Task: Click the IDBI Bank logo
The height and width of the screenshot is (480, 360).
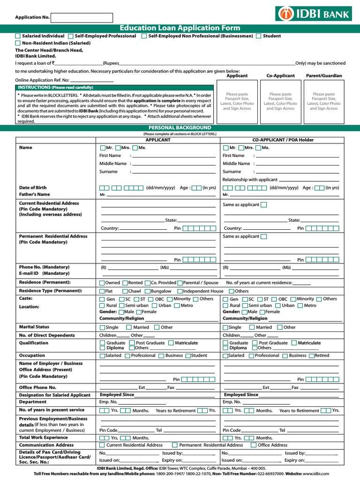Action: (x=318, y=14)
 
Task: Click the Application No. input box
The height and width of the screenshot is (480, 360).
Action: (x=82, y=18)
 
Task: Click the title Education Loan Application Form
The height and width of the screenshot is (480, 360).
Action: (x=180, y=28)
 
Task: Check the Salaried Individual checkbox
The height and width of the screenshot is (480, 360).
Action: (x=18, y=36)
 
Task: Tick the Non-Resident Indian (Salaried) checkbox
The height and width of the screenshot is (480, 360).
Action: (x=18, y=43)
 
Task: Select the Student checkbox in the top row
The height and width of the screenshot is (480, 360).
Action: (x=259, y=36)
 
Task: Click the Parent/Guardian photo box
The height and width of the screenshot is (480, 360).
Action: (x=324, y=101)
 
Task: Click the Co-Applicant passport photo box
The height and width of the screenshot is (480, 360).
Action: (x=280, y=101)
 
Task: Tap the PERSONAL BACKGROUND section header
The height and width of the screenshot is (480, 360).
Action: (x=180, y=128)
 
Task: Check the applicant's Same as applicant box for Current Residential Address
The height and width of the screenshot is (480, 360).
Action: (x=263, y=205)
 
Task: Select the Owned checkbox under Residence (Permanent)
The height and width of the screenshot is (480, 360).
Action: (x=102, y=283)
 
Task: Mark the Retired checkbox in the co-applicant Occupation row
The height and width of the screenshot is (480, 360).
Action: (x=312, y=356)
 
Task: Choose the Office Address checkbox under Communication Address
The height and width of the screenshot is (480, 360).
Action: (x=254, y=445)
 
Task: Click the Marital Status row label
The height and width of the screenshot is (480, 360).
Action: (x=34, y=327)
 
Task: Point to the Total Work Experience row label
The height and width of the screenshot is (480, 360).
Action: (x=43, y=437)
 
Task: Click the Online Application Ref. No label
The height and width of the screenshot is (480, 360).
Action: (x=42, y=80)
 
